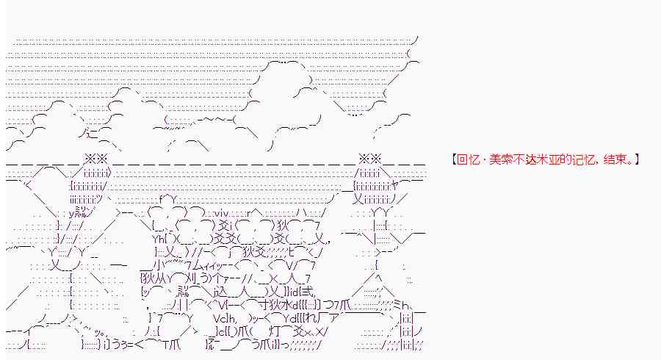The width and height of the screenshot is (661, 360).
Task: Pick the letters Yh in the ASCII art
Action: click(157, 239)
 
